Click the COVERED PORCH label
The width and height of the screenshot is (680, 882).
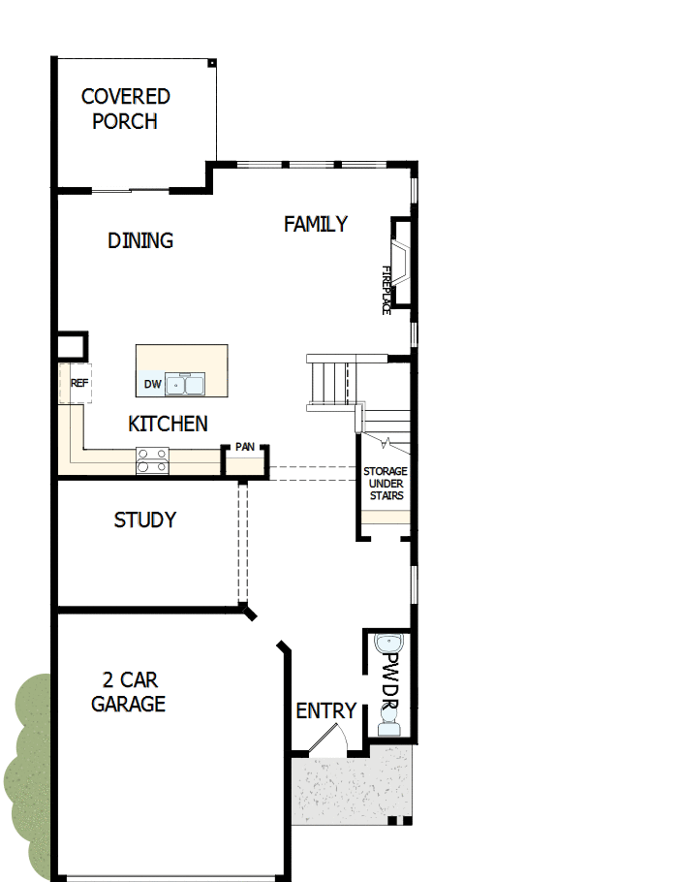pyautogui.click(x=125, y=110)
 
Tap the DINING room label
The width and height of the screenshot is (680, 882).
pyautogui.click(x=140, y=240)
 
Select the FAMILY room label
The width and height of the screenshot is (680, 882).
pyautogui.click(x=315, y=224)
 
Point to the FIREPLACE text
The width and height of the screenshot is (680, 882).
pyautogui.click(x=386, y=289)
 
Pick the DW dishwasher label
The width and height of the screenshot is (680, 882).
pyautogui.click(x=152, y=385)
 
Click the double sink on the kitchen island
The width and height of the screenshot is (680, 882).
pyautogui.click(x=184, y=385)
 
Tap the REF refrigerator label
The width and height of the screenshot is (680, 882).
pyautogui.click(x=79, y=384)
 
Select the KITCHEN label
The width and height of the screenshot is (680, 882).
pyautogui.click(x=168, y=424)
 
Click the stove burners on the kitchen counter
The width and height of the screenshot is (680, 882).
pyautogui.click(x=152, y=460)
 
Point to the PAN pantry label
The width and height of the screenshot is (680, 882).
pyautogui.click(x=244, y=448)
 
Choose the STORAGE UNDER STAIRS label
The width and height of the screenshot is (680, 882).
pyautogui.click(x=386, y=484)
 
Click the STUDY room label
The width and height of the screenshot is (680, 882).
pyautogui.click(x=145, y=520)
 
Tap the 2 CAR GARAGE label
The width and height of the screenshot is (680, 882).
pyautogui.click(x=129, y=692)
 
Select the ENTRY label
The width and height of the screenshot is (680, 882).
pyautogui.click(x=326, y=711)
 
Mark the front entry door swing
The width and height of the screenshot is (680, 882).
pyautogui.click(x=326, y=742)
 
